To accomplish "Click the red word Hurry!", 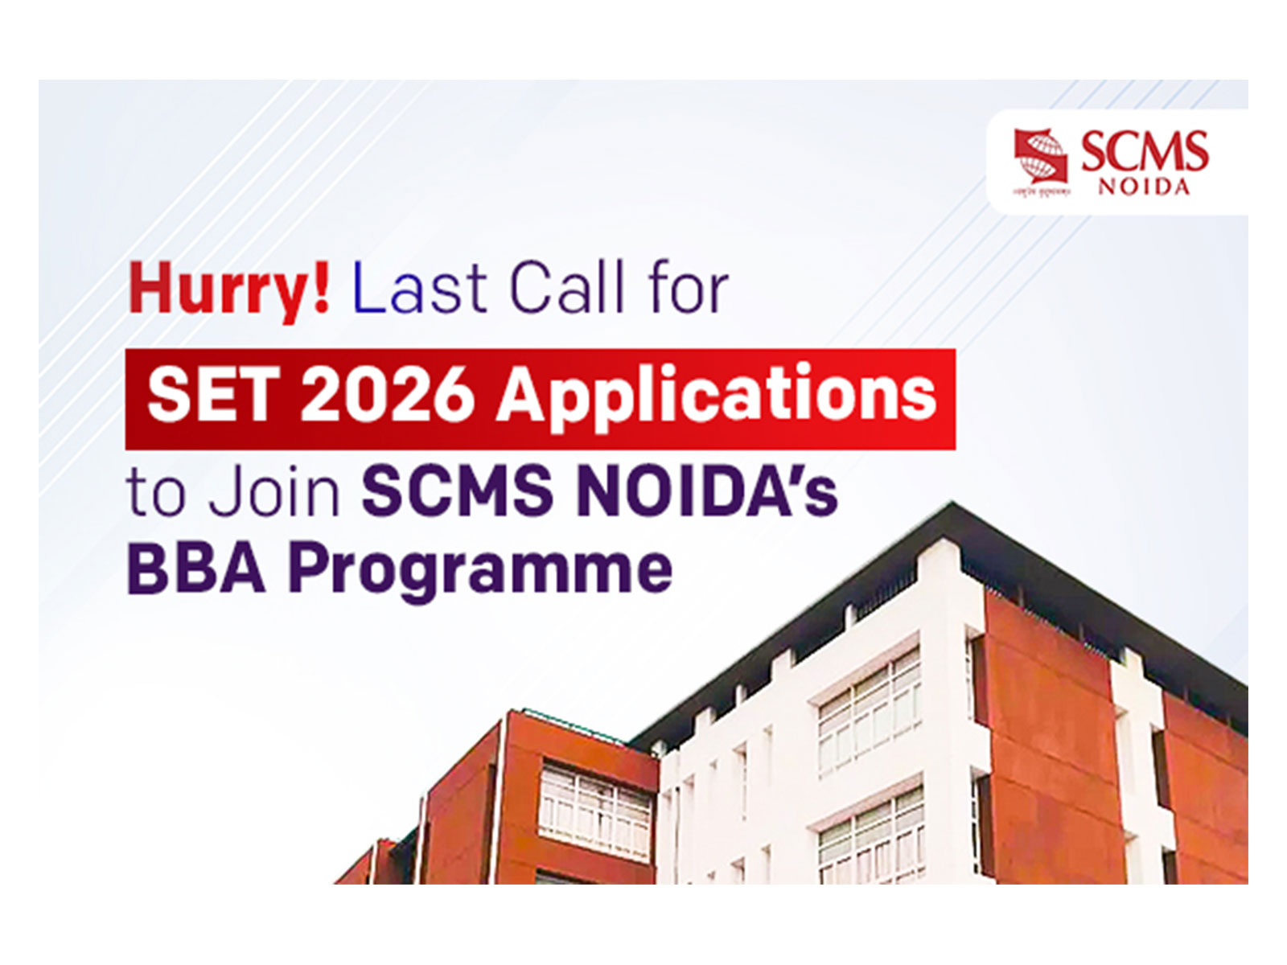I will point(228,290).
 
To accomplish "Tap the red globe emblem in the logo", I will point(1040,158).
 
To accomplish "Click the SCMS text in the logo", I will point(1144,151).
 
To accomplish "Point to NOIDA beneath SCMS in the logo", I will point(1144,187).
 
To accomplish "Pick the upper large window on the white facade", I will point(870,708).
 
